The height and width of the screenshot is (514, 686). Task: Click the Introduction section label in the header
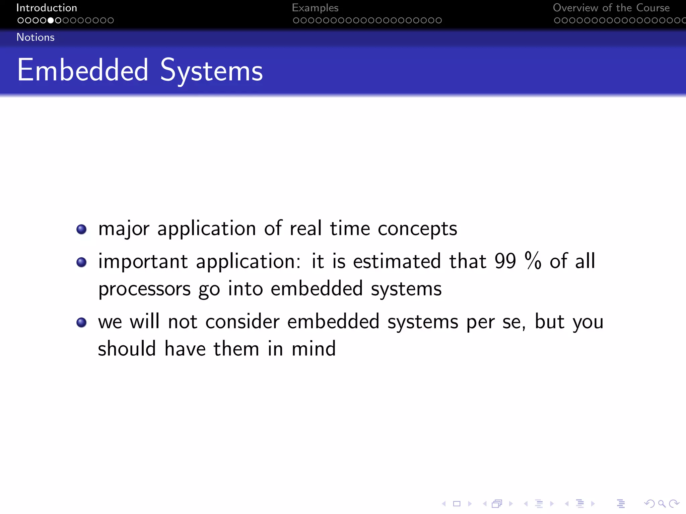(47, 8)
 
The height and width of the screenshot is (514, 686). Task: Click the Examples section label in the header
(315, 8)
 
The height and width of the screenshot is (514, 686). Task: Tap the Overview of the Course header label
(611, 8)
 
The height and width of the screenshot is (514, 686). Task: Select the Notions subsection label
(36, 37)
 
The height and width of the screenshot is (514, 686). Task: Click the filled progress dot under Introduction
(51, 20)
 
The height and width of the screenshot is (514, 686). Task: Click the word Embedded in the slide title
(83, 70)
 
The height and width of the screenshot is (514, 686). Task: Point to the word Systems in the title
(211, 71)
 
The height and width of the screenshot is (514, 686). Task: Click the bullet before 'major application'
(81, 229)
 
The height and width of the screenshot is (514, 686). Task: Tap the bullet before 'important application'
(81, 262)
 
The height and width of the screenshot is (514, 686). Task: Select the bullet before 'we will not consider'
(81, 322)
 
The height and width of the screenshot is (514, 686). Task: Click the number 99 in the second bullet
(505, 261)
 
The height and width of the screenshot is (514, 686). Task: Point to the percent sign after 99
(533, 261)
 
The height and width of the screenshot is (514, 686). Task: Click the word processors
(144, 289)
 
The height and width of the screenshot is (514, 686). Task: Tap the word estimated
(397, 261)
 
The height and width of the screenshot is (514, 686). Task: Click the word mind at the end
(314, 349)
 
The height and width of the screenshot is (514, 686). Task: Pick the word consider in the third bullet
(242, 322)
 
